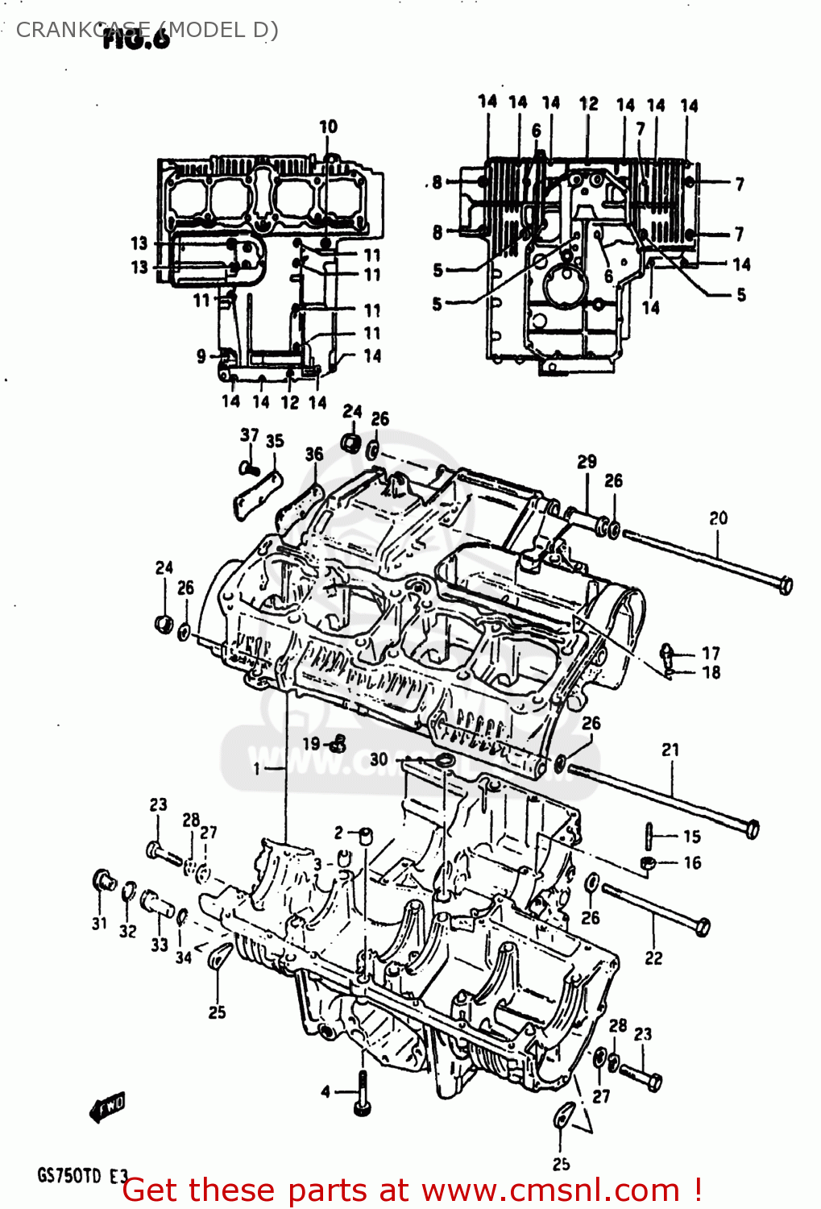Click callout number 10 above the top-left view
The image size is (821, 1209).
pos(328,127)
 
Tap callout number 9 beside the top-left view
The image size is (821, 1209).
pos(201,355)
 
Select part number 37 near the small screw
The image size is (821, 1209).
pos(250,435)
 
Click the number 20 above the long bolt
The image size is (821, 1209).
pos(718,518)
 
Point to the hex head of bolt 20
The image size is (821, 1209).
pos(785,584)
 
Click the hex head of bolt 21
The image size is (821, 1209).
pos(751,829)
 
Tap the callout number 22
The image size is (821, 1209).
pos(653,958)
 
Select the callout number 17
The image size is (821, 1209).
pos(711,653)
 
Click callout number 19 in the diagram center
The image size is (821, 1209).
pos(311,743)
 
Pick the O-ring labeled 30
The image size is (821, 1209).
pos(444,761)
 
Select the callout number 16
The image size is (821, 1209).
pos(692,862)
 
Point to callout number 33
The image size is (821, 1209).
pos(160,945)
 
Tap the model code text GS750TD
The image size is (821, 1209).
pos(69,1176)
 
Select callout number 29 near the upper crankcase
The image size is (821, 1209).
pos(587,462)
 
